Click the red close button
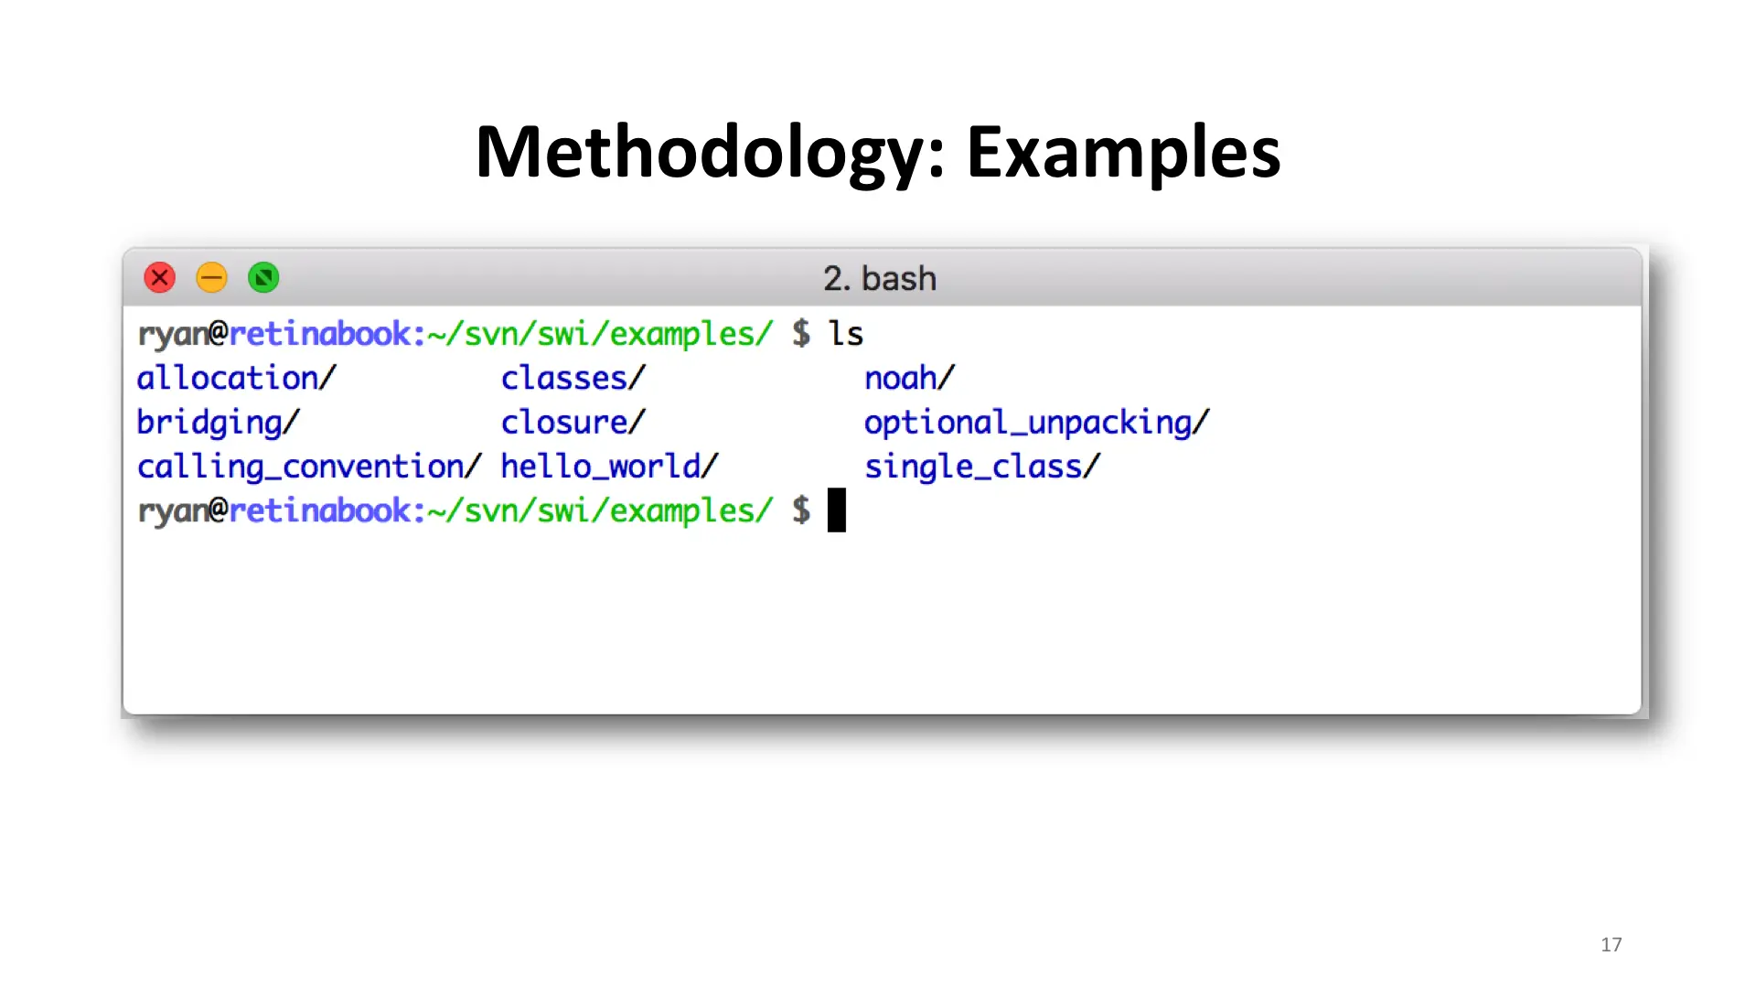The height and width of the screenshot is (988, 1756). [160, 277]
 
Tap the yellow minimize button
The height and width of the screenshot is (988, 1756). [212, 277]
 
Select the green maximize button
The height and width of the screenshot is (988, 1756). [263, 277]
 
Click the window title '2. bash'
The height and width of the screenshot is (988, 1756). [880, 278]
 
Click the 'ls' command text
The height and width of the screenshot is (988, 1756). [846, 333]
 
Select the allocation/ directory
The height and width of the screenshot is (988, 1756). [237, 378]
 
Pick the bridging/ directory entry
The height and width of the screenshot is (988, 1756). [219, 423]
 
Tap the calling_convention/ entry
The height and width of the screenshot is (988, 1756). [309, 467]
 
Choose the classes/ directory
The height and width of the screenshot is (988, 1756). [573, 378]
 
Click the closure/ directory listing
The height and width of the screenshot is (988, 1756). [573, 422]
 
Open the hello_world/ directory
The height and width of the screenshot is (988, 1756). [610, 467]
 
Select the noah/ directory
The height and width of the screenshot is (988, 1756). [910, 378]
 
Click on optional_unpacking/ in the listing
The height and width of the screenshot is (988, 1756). [1037, 423]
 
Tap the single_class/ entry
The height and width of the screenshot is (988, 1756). [983, 467]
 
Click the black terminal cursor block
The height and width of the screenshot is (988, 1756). [837, 510]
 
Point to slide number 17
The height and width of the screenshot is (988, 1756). [1611, 945]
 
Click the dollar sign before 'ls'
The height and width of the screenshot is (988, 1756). [801, 333]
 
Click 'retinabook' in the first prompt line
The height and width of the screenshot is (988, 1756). [320, 334]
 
